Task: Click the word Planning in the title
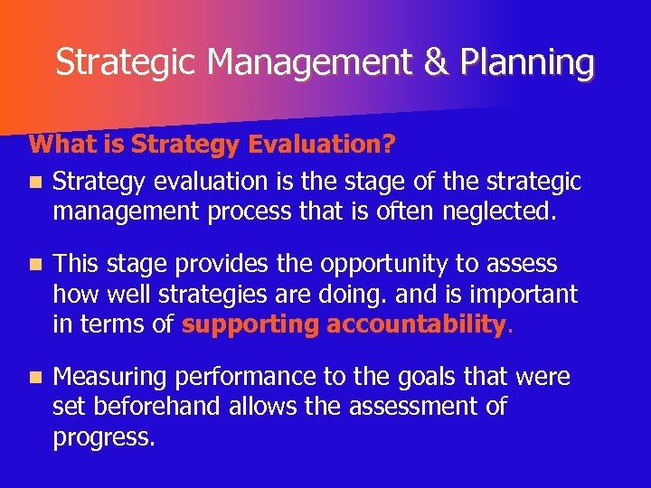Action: pyautogui.click(x=527, y=63)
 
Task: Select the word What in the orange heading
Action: pyautogui.click(x=53, y=145)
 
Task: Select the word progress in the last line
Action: pyautogui.click(x=103, y=437)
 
